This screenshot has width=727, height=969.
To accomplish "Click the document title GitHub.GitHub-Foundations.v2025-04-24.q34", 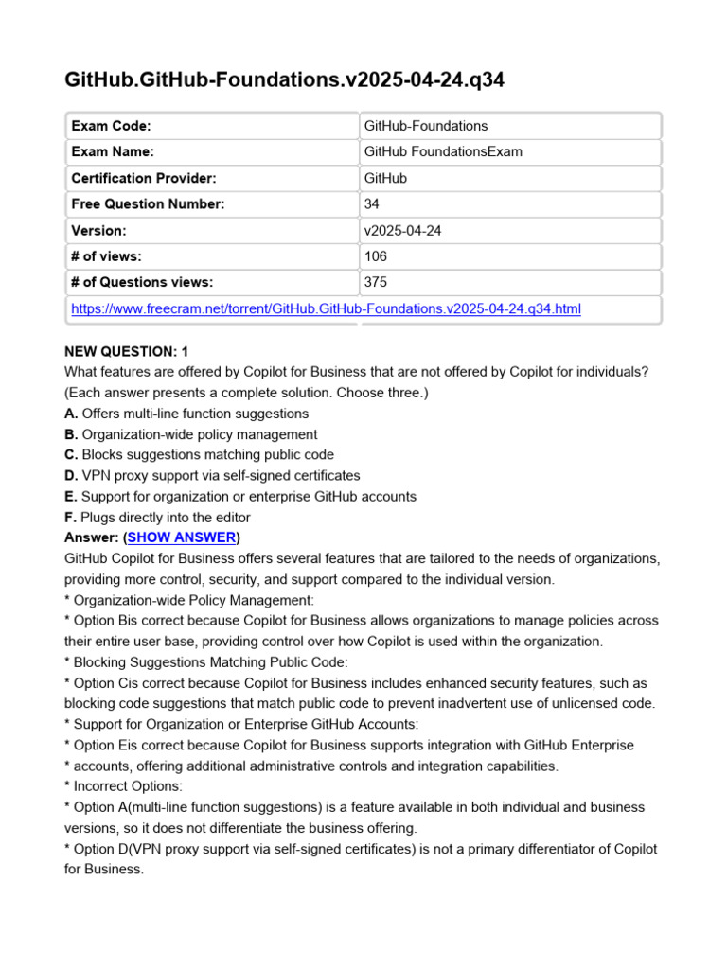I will (284, 80).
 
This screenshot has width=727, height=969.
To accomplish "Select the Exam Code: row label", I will (111, 126).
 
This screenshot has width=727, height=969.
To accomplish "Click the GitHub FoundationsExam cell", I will (442, 151).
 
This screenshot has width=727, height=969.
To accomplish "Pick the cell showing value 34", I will (371, 203).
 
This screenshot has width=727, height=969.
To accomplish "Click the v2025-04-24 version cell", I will (401, 230).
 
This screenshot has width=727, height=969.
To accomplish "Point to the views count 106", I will (375, 255).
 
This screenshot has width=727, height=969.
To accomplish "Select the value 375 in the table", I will (375, 282).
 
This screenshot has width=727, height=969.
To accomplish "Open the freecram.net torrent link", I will (327, 308).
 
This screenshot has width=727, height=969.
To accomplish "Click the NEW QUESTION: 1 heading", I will (127, 351).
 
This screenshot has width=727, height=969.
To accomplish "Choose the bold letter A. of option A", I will (71, 414).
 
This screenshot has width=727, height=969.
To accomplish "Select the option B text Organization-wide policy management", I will (200, 434).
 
